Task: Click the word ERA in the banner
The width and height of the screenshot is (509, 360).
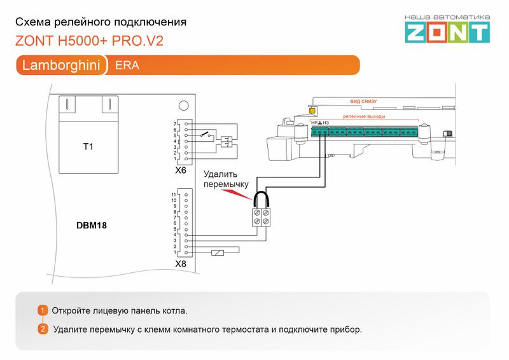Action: click(x=127, y=66)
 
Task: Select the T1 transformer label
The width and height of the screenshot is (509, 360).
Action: click(x=88, y=147)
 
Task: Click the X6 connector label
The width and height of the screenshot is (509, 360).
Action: click(x=181, y=170)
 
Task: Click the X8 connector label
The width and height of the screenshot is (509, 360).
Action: click(x=181, y=263)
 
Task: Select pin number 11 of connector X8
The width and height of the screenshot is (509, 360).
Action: click(x=174, y=194)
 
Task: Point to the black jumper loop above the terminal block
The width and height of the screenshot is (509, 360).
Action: click(x=261, y=200)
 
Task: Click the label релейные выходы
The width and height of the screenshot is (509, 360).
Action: click(x=364, y=117)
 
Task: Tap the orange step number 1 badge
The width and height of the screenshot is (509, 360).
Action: click(x=43, y=310)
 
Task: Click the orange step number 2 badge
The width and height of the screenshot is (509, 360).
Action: click(x=43, y=329)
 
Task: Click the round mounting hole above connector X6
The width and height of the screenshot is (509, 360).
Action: click(x=183, y=105)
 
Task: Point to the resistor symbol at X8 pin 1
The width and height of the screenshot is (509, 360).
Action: click(x=218, y=253)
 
